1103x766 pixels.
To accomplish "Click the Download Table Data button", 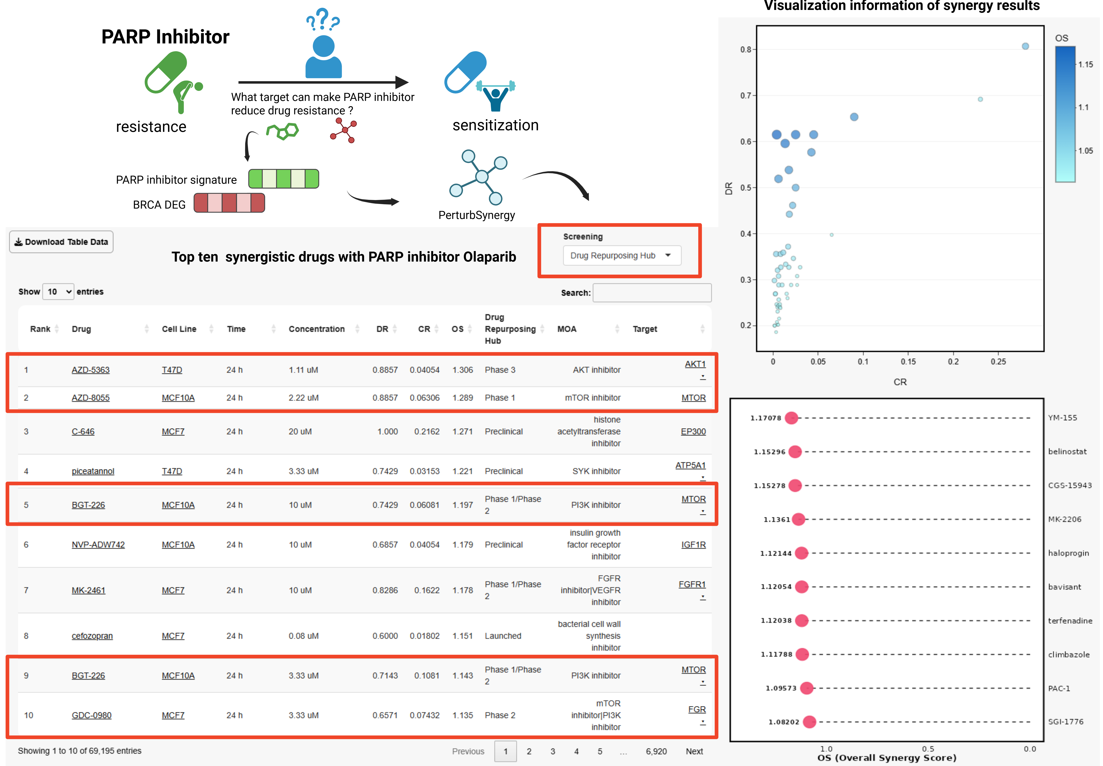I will [61, 242].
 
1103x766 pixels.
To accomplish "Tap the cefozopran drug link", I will [92, 636].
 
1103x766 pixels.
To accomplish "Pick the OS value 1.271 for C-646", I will [462, 431].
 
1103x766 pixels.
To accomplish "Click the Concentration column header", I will [316, 329].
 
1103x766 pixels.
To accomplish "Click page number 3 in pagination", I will [552, 751].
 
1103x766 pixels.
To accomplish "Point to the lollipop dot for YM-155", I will [791, 418].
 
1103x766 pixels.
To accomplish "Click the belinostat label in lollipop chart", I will [1067, 452].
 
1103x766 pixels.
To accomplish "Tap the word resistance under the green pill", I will [151, 127].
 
